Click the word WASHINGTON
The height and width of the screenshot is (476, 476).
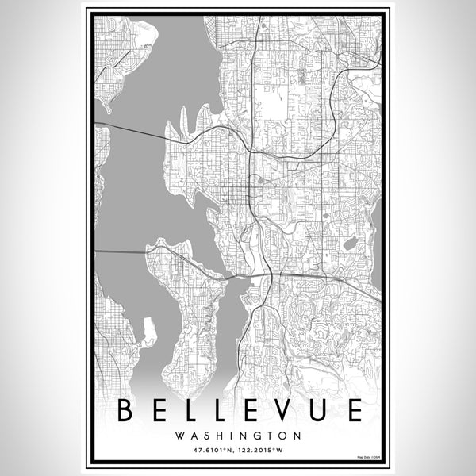coord(237,436)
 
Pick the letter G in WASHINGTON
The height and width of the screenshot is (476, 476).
coord(259,436)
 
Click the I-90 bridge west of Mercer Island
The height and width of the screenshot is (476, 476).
coord(119,251)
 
